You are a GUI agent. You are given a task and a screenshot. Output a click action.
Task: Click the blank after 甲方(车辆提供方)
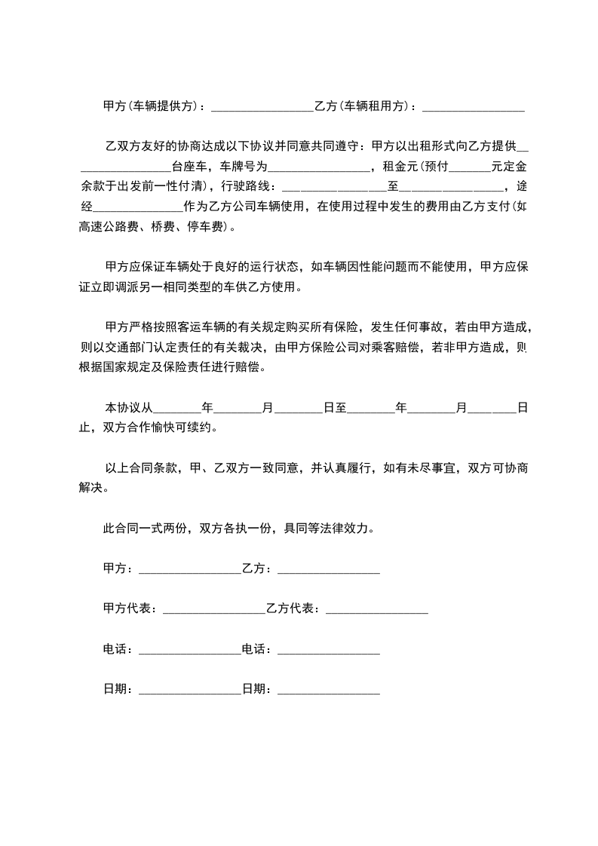(x=262, y=107)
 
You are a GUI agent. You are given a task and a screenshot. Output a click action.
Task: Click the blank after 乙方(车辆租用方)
(x=474, y=107)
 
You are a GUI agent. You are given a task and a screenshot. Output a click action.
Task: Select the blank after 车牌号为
(x=317, y=166)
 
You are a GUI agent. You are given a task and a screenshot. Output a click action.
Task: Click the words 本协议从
(x=129, y=408)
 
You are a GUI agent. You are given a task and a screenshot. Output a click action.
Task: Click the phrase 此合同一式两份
(x=145, y=529)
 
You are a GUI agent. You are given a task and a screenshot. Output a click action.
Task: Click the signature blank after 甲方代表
(x=213, y=609)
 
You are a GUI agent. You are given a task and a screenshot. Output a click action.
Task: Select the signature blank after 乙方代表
(x=376, y=609)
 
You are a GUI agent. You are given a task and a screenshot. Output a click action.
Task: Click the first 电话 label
(x=116, y=649)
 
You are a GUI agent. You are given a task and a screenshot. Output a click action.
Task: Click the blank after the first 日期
(x=189, y=690)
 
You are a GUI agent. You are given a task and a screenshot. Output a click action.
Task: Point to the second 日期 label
(x=255, y=689)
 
